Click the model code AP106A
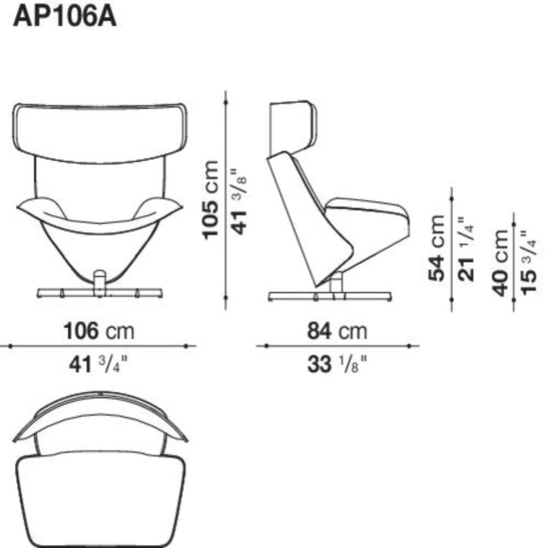pos(64,17)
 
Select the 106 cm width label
pos(98,331)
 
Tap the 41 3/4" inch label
pos(98,365)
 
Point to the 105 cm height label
pos(211,200)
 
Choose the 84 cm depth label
pos(337,331)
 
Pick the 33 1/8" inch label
pos(337,365)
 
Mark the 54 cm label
pos(437,248)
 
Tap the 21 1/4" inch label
pos(466,249)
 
